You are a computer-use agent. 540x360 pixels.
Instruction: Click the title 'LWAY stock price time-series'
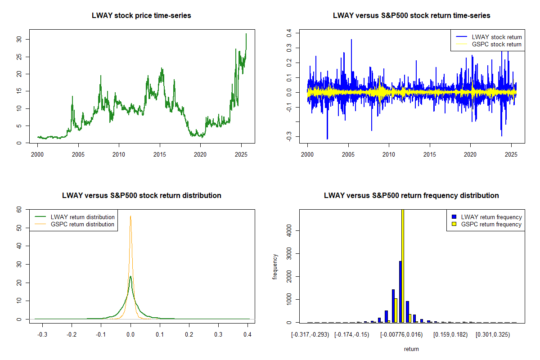pos(141,16)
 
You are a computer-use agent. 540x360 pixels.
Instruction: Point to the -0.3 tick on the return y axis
pos(289,135)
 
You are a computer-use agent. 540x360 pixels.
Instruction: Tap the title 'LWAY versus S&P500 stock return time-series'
pos(411,16)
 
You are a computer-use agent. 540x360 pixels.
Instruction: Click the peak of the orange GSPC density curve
pos(130,216)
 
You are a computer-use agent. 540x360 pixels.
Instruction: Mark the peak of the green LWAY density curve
pos(130,277)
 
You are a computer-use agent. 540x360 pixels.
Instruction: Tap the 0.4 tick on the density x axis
pos(247,335)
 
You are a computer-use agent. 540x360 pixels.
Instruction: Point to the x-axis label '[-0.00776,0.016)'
pos(402,335)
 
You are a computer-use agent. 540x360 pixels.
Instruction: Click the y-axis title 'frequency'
pos(275,266)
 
